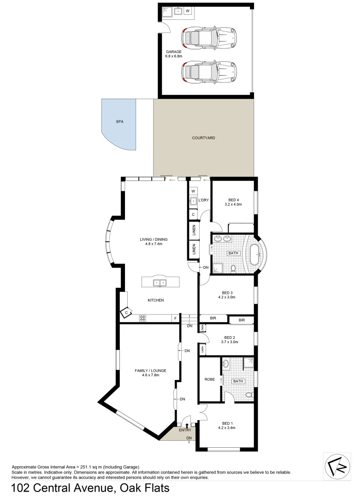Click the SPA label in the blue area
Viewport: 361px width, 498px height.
pos(120,122)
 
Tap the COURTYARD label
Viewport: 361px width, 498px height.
pos(203,138)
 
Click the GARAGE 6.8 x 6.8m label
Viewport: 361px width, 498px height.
pos(174,54)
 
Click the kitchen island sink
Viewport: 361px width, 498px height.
pos(160,283)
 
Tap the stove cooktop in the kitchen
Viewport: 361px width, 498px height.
pos(143,318)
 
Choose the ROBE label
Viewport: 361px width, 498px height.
pos(210,379)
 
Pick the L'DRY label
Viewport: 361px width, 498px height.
pos(204,200)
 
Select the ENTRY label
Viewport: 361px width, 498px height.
pos(185,430)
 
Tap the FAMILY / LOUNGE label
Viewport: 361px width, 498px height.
pos(150,370)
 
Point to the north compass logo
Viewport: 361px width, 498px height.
pos(337,467)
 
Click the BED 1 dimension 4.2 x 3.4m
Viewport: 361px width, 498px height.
pos(227,427)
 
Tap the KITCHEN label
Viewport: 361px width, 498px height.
pos(156,300)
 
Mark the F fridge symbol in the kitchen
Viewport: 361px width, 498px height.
pos(175,318)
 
